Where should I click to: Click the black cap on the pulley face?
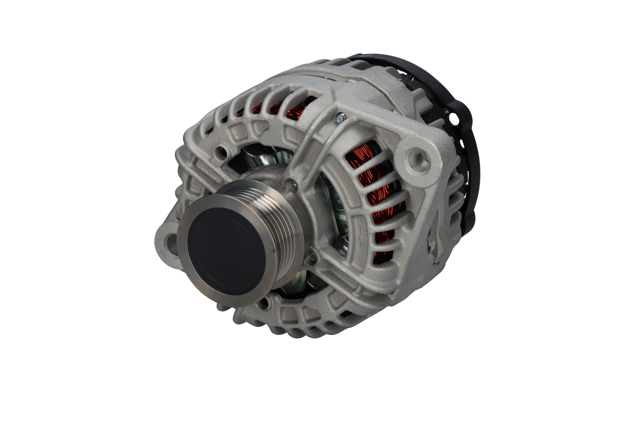pos(228,251)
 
